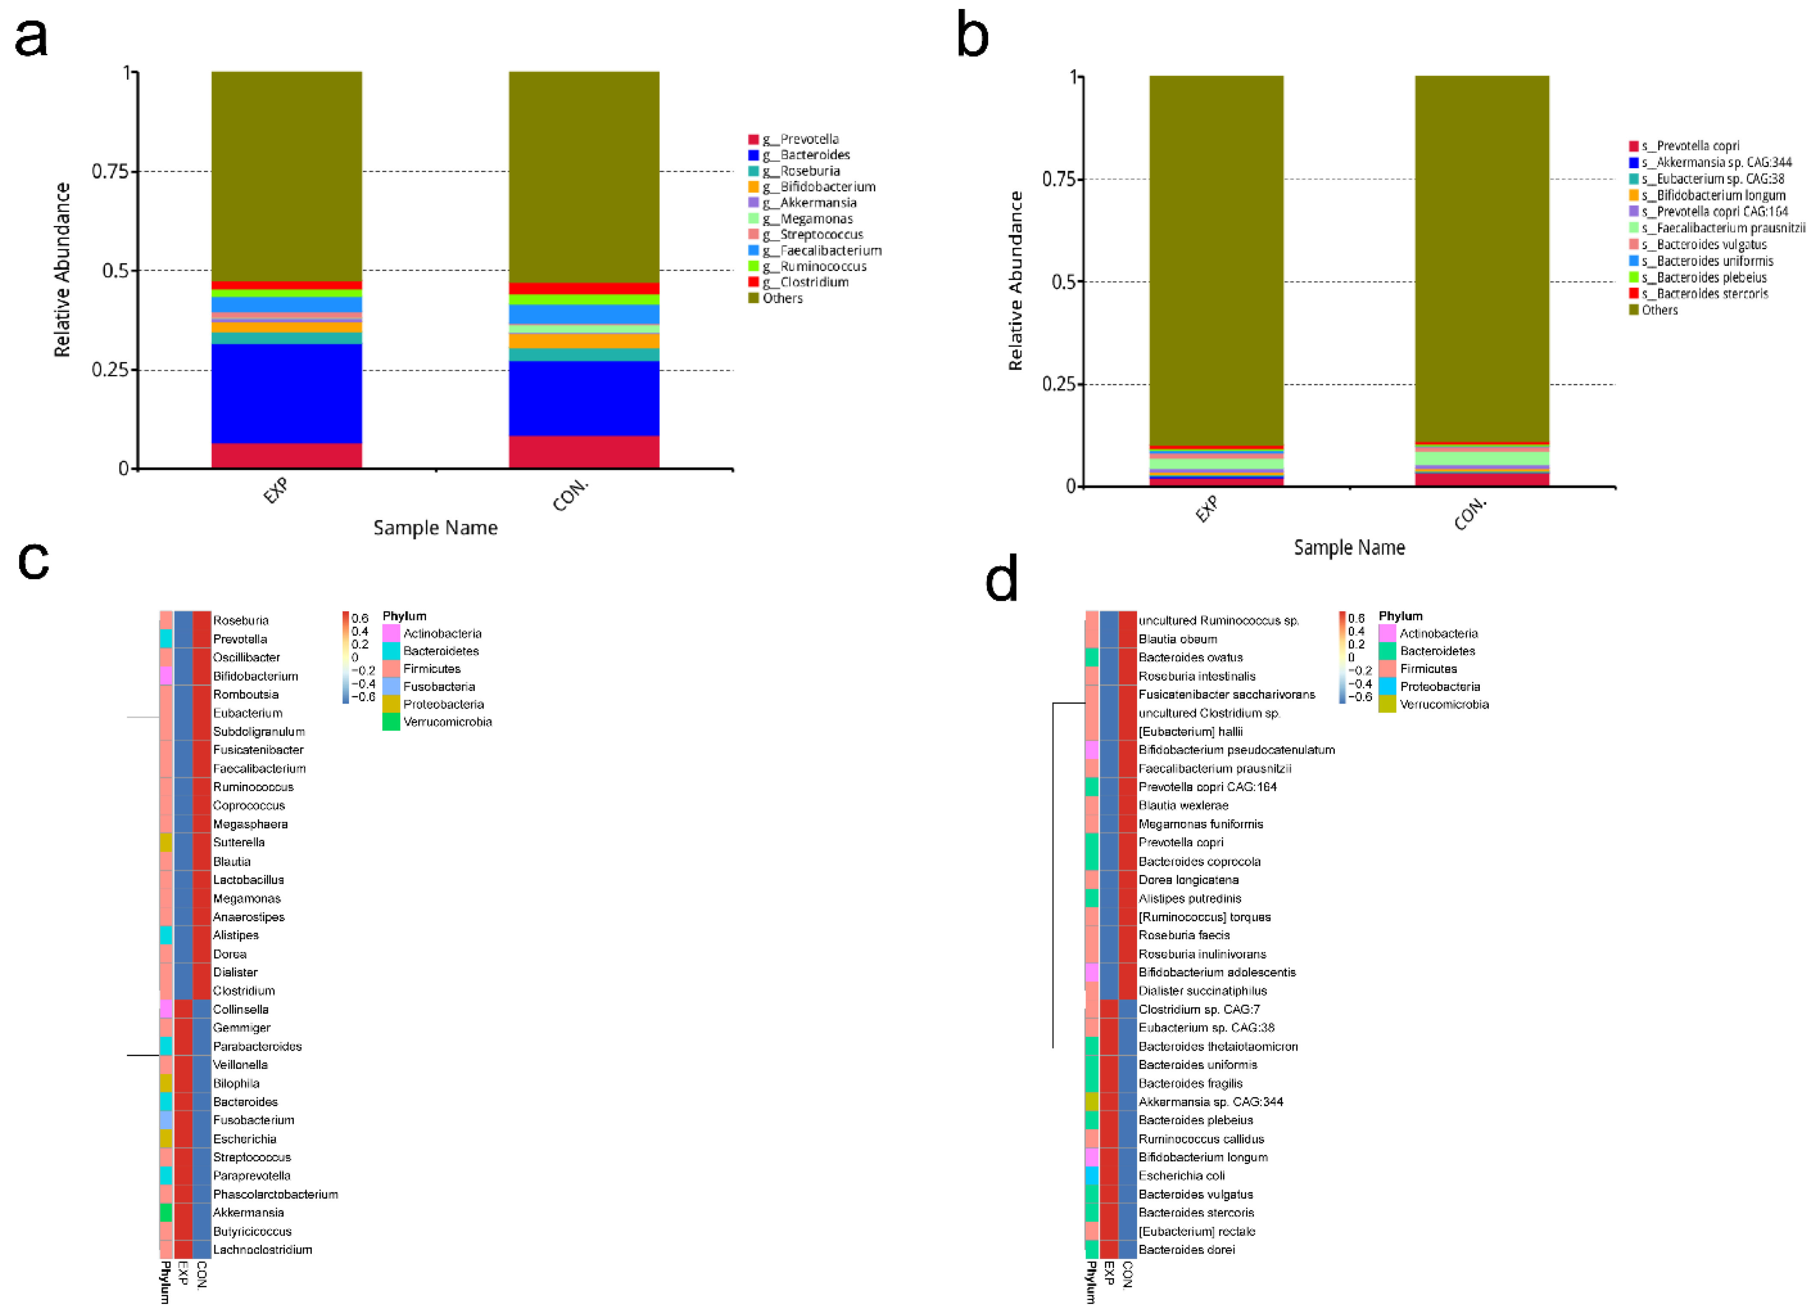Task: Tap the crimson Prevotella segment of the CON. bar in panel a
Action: coord(584,452)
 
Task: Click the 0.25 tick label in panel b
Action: coord(1058,385)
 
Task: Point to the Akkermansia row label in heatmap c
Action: coord(248,1213)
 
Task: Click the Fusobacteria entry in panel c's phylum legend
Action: coord(438,686)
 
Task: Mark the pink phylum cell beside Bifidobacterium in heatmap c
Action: coord(166,676)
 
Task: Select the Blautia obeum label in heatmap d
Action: coord(1177,639)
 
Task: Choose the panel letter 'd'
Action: coord(1002,579)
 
